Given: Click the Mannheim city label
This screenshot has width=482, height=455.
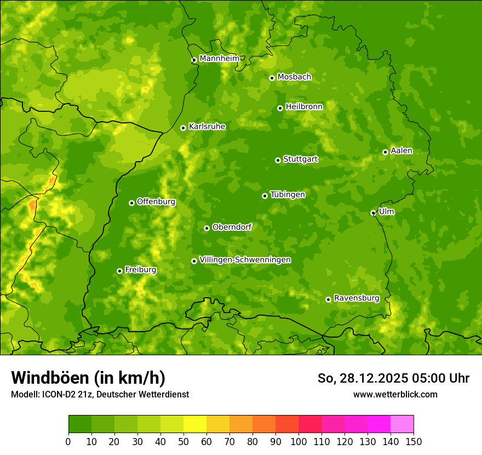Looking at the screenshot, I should (x=219, y=58).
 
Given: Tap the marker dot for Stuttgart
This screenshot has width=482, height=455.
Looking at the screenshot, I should (x=278, y=160).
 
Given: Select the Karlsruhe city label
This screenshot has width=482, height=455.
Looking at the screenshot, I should (x=206, y=127).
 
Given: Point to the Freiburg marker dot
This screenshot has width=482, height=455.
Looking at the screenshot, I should (x=119, y=271).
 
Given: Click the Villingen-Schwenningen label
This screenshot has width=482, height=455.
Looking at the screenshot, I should (x=245, y=260).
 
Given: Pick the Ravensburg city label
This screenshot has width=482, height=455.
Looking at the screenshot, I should (x=356, y=298).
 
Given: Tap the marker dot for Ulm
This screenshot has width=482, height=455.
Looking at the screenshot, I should (x=373, y=213).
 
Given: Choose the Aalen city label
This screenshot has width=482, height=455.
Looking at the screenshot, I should (x=401, y=151).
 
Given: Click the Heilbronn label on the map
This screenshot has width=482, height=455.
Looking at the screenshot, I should (x=304, y=107).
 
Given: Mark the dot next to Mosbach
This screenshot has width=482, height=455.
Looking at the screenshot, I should (x=272, y=78).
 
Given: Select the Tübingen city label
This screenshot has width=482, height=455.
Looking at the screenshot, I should (x=287, y=195).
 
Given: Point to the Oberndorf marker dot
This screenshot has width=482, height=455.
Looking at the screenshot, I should (x=206, y=228).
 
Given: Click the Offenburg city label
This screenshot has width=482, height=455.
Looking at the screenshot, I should (x=156, y=202).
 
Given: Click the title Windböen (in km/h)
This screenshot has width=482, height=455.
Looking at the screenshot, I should (x=88, y=378).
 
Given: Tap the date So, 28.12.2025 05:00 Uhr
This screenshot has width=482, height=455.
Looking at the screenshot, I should (x=393, y=378).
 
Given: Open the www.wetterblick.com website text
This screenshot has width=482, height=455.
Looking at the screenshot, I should (x=395, y=394).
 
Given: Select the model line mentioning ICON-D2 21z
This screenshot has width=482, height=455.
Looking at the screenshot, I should (x=100, y=394).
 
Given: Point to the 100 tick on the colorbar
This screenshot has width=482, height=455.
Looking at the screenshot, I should (x=299, y=441).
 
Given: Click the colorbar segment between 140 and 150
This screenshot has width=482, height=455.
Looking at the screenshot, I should (x=402, y=424).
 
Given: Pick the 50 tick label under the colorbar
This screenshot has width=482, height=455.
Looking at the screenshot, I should (x=183, y=441).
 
